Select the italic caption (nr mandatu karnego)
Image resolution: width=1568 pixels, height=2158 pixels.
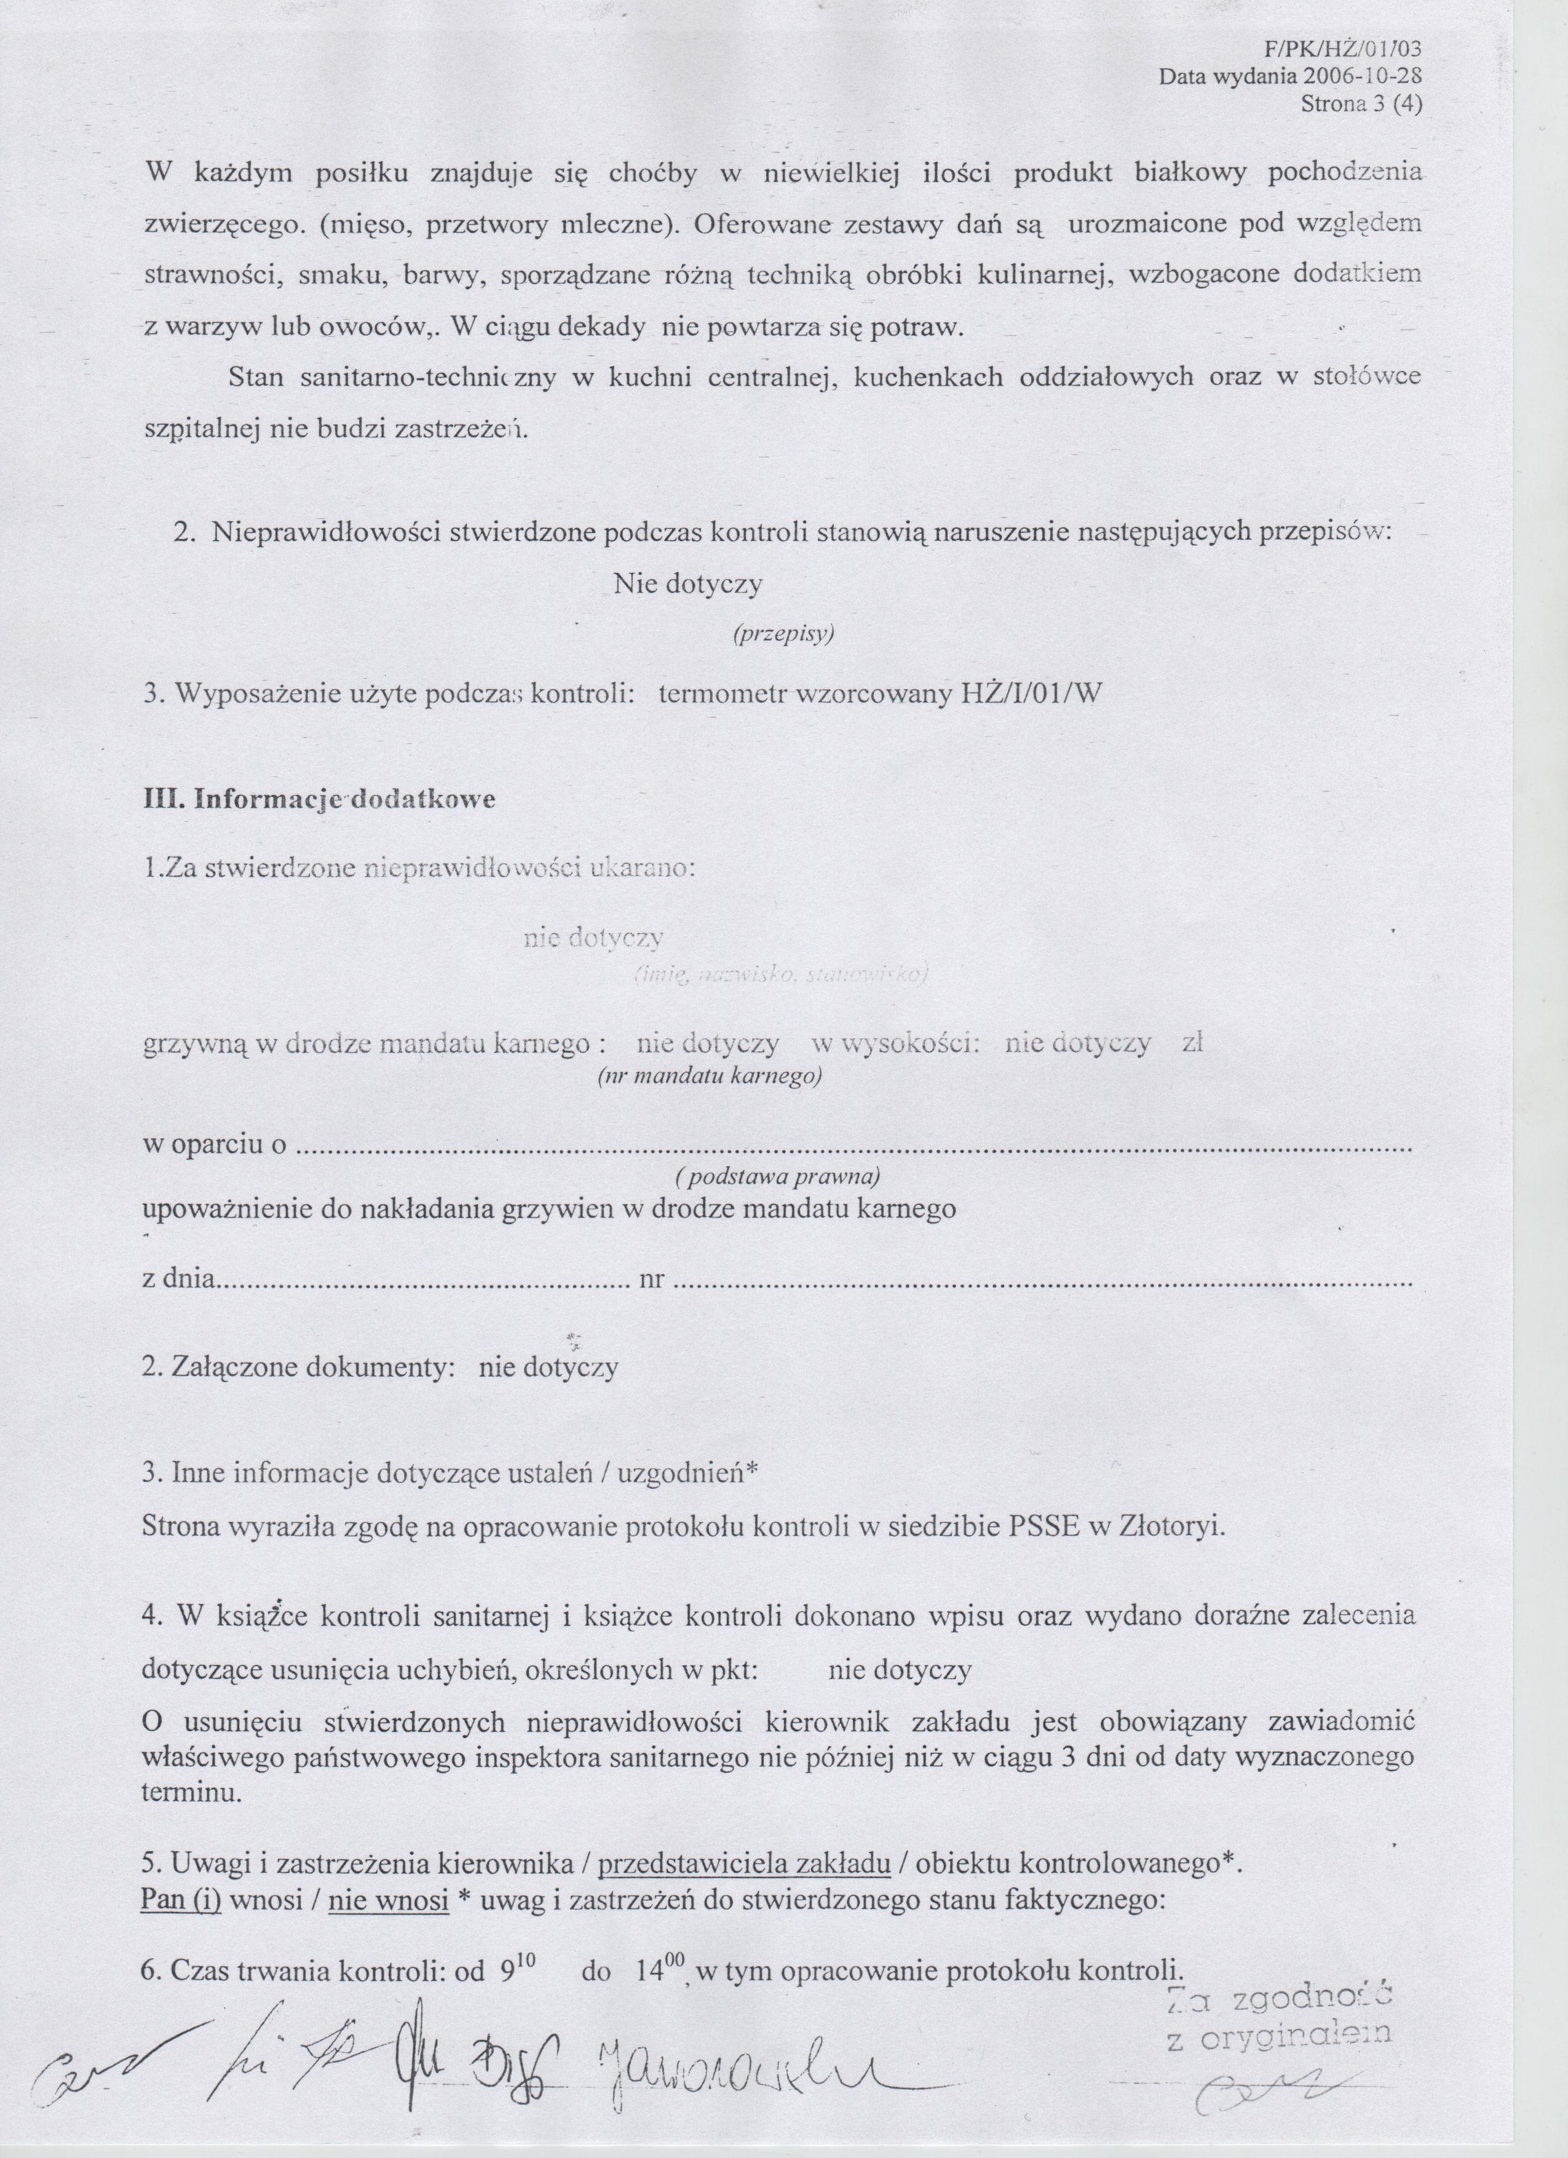point(709,1076)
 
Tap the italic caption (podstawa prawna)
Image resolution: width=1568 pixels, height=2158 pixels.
point(777,1177)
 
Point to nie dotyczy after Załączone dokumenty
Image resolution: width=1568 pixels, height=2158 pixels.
point(548,1368)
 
